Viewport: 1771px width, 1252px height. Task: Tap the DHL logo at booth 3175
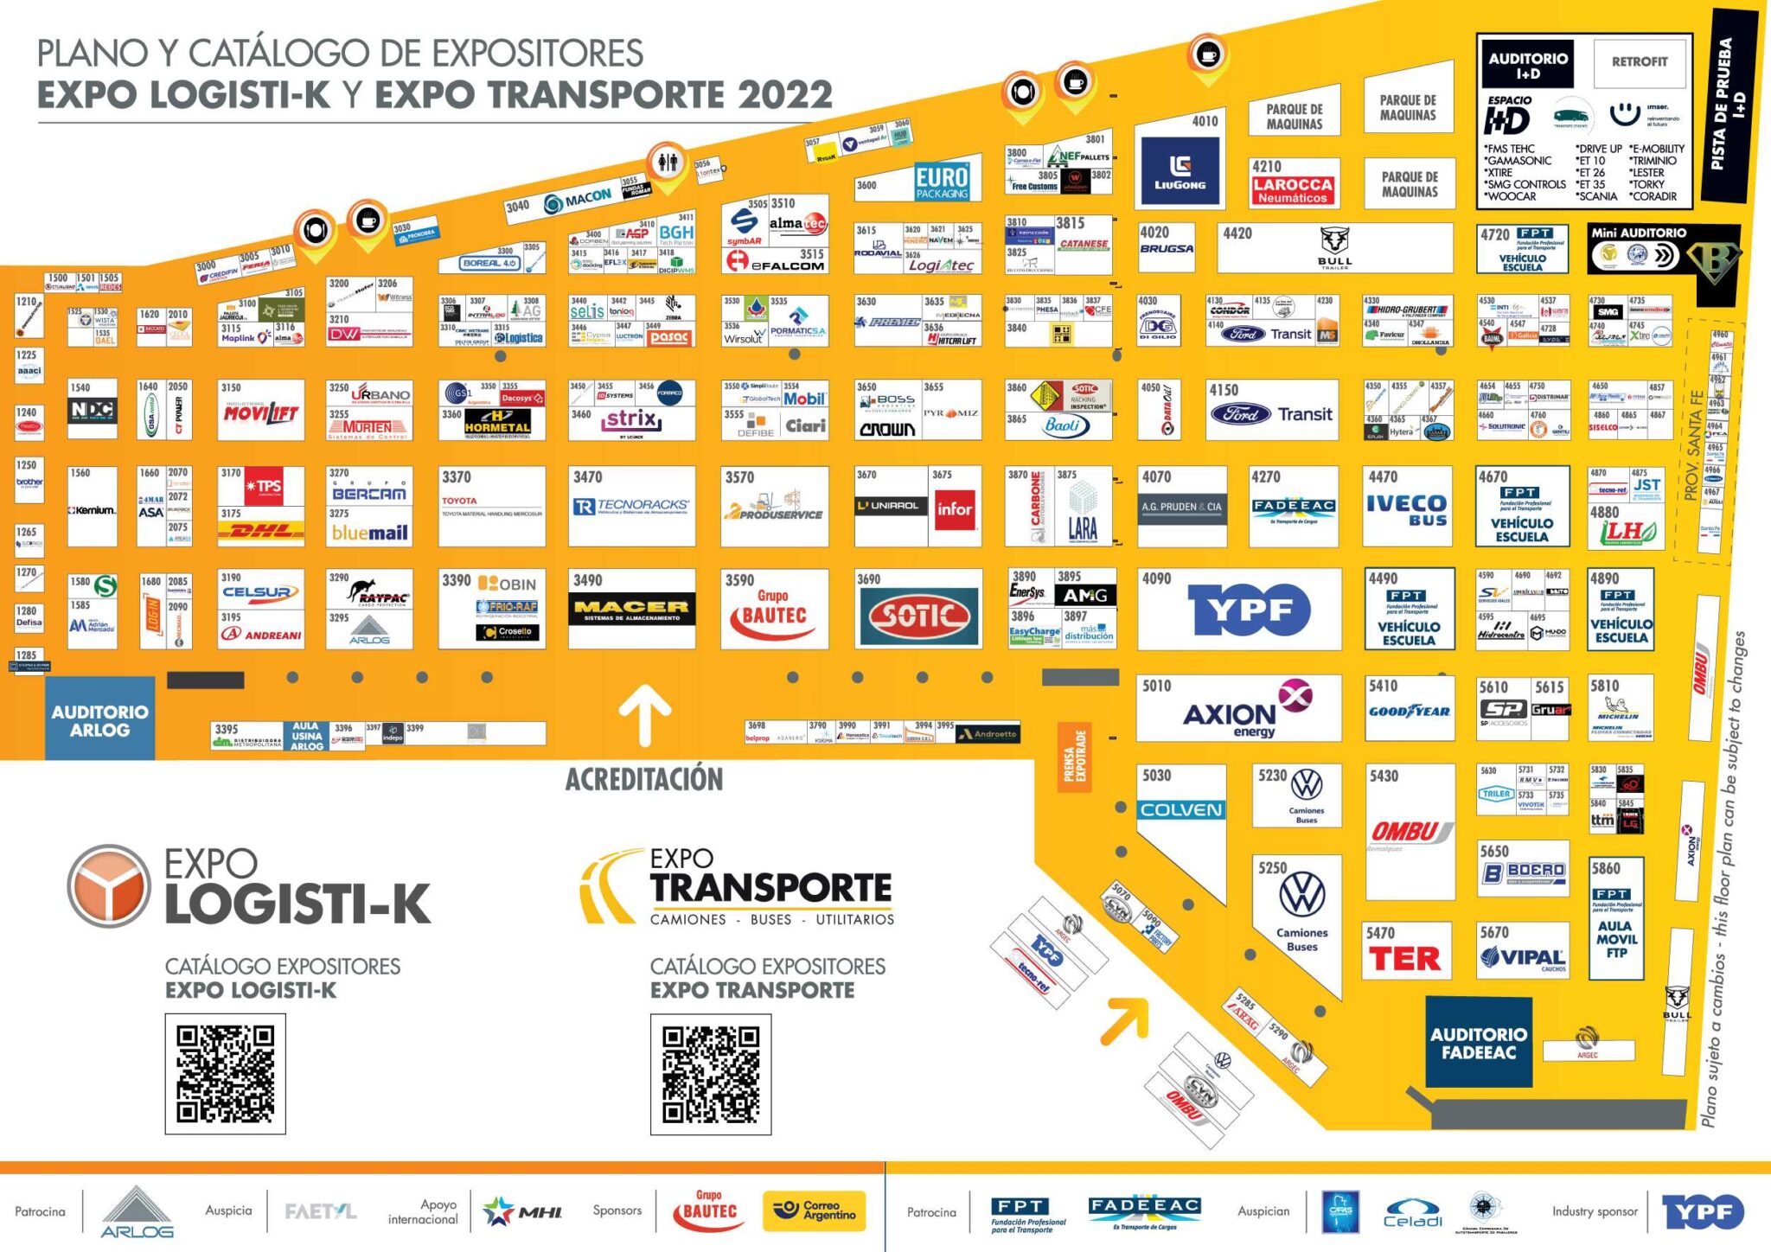coord(261,531)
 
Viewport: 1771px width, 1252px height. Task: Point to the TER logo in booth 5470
coord(1405,958)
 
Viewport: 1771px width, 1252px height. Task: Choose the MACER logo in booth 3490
coord(631,610)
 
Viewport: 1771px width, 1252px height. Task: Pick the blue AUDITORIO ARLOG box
coord(99,719)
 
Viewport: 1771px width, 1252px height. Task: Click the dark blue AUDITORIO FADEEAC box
coord(1478,1043)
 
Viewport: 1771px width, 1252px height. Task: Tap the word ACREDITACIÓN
coord(644,779)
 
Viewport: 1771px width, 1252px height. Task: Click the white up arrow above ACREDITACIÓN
coord(644,714)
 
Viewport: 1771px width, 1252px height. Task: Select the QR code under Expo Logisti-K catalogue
coord(226,1073)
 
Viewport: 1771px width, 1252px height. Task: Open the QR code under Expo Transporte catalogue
coord(711,1073)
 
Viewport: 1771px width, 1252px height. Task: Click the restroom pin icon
coord(667,163)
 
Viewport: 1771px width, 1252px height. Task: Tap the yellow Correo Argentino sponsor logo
coord(814,1210)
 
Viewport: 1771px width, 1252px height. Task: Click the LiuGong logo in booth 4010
coord(1180,171)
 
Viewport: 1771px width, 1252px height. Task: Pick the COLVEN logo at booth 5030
coord(1180,810)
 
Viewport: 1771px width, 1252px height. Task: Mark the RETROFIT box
coord(1639,61)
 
